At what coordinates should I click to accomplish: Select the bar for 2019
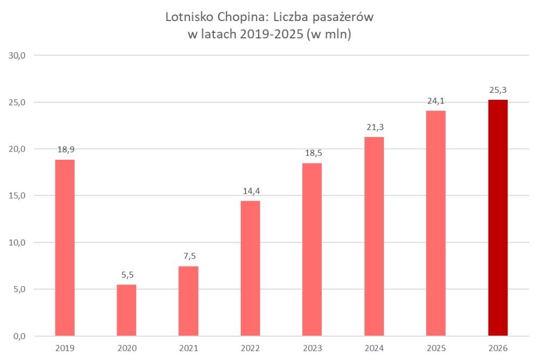coord(65,248)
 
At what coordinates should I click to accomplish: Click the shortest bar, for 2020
coord(126,310)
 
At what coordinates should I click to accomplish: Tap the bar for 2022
coord(250,268)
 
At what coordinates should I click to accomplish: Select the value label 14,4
coord(250,191)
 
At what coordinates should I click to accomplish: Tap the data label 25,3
coord(498,89)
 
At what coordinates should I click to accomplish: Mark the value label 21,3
coord(374,126)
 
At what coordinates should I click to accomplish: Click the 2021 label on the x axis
coord(188,348)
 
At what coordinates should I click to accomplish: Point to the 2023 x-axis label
coord(312,348)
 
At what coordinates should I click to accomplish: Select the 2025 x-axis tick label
coord(436,348)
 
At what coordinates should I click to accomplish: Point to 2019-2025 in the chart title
coord(273,35)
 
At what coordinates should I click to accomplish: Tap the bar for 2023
coord(312,249)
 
